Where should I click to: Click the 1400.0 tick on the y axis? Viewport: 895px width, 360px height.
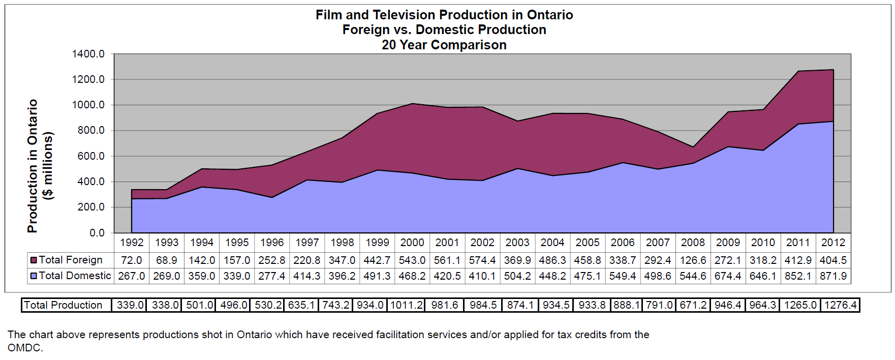[x=88, y=54]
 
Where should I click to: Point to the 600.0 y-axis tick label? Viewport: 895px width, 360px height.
[x=90, y=156]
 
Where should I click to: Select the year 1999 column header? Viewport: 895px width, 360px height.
[x=377, y=243]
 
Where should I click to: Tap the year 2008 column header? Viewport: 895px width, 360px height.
[x=693, y=243]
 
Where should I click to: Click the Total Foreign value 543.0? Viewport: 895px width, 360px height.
[x=412, y=260]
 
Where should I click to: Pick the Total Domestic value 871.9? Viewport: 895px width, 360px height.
[x=833, y=276]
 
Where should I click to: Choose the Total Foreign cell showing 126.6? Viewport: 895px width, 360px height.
[x=693, y=260]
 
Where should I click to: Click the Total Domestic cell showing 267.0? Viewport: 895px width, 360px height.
[x=132, y=276]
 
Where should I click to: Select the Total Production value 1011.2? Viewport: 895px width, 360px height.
[x=407, y=305]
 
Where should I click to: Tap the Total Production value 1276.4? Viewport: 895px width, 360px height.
[x=841, y=305]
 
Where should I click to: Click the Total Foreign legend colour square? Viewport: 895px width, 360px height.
[x=34, y=260]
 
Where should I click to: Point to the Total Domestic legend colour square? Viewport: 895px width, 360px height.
[x=34, y=276]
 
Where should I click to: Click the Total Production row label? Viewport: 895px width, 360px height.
[x=63, y=305]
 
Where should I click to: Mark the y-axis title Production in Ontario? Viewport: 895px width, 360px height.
[x=33, y=166]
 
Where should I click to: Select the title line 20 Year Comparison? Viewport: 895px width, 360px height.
[x=444, y=45]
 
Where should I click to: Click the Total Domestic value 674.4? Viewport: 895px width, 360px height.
[x=728, y=276]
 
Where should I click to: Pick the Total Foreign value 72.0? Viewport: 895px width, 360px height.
[x=132, y=260]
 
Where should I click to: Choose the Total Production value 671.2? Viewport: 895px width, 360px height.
[x=694, y=305]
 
